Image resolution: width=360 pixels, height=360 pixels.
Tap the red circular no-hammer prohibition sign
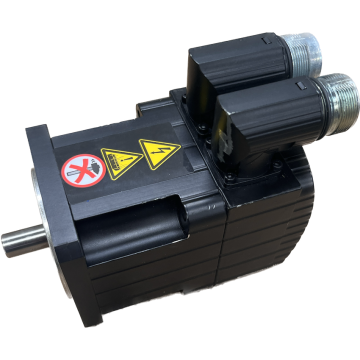click(x=83, y=168)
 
